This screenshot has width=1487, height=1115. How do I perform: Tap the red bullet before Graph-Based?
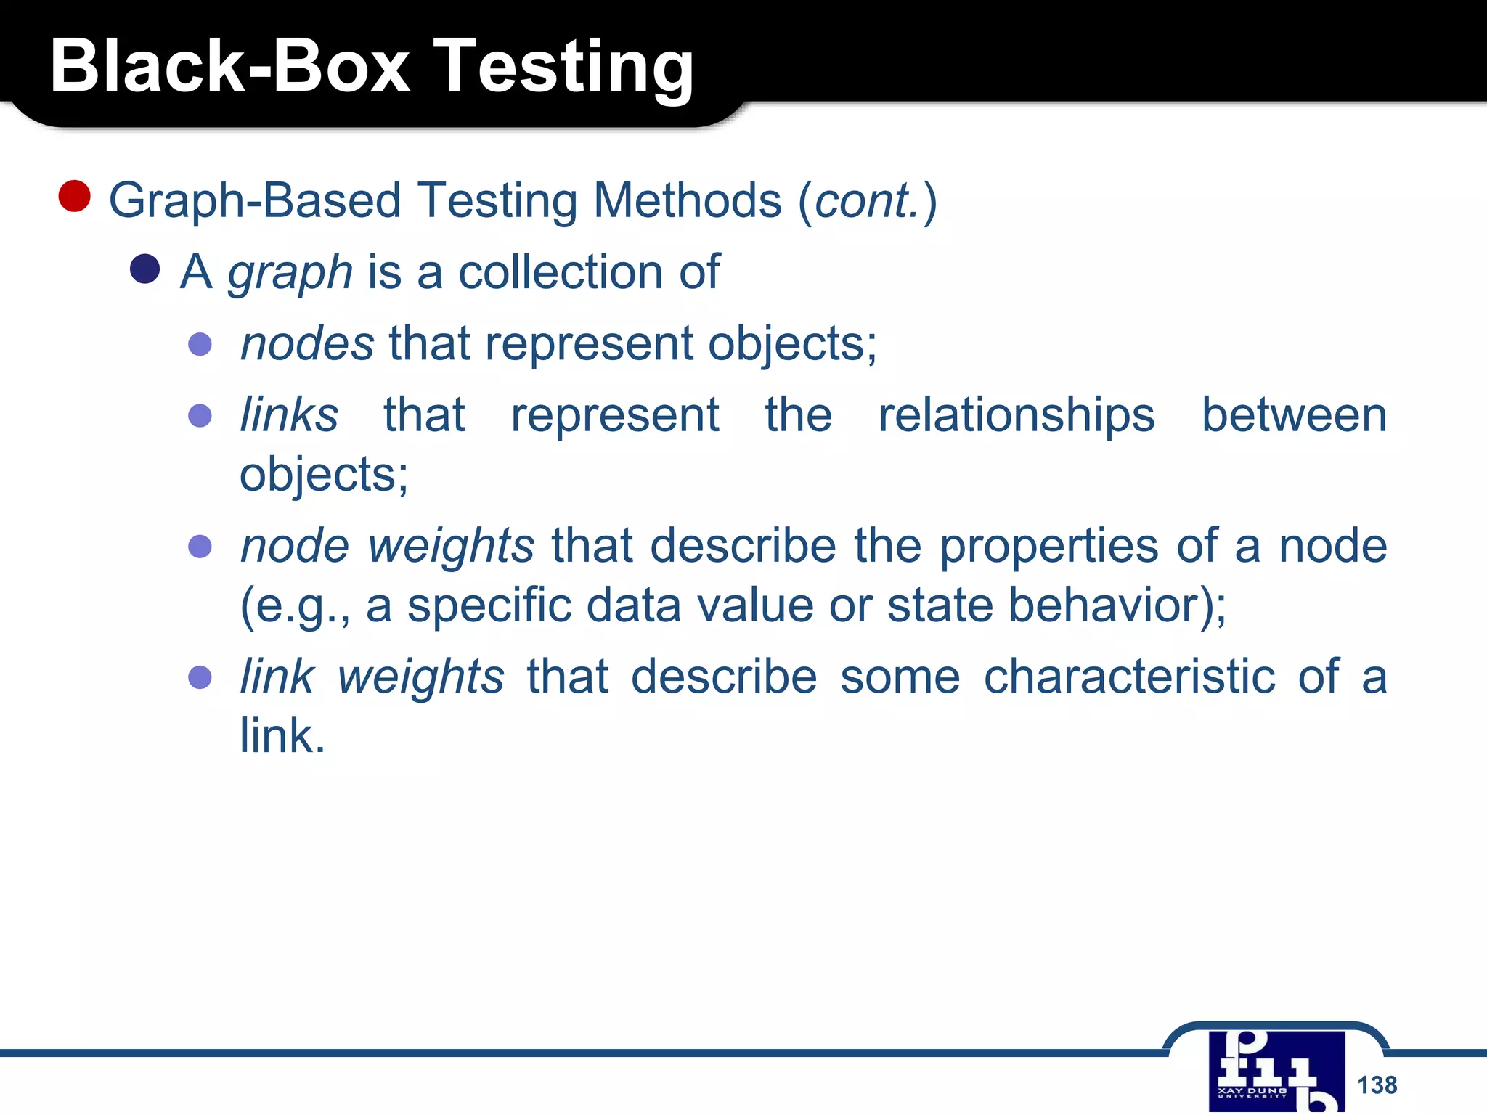(74, 196)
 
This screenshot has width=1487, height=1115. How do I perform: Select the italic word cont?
(867, 200)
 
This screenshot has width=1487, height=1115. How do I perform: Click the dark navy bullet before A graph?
(144, 269)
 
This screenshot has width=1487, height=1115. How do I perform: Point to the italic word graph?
(290, 273)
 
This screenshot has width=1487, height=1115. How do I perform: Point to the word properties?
(1048, 546)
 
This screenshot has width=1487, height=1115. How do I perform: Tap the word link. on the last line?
(282, 735)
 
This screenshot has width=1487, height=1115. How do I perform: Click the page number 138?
(1377, 1085)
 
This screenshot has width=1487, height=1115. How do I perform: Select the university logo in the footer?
(1276, 1071)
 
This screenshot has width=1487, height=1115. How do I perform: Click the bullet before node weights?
(200, 546)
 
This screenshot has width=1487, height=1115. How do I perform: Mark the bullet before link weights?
(200, 677)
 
